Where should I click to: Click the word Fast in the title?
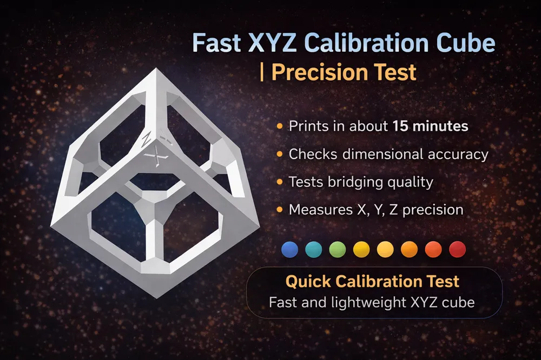click(x=216, y=43)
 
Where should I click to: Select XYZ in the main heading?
click(x=272, y=43)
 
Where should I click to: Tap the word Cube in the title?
click(x=465, y=43)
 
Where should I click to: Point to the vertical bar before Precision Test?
click(x=262, y=72)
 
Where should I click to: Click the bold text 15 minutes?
click(x=430, y=126)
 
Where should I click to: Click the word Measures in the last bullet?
click(x=320, y=210)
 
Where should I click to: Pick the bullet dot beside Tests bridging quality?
click(x=280, y=182)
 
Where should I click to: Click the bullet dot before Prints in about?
click(x=280, y=126)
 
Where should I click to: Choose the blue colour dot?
click(x=289, y=249)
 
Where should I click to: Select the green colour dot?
click(x=338, y=249)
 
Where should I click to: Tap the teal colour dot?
click(x=314, y=249)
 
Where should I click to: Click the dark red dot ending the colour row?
click(x=458, y=249)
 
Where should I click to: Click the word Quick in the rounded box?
click(x=308, y=282)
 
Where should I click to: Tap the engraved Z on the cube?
click(x=146, y=139)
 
